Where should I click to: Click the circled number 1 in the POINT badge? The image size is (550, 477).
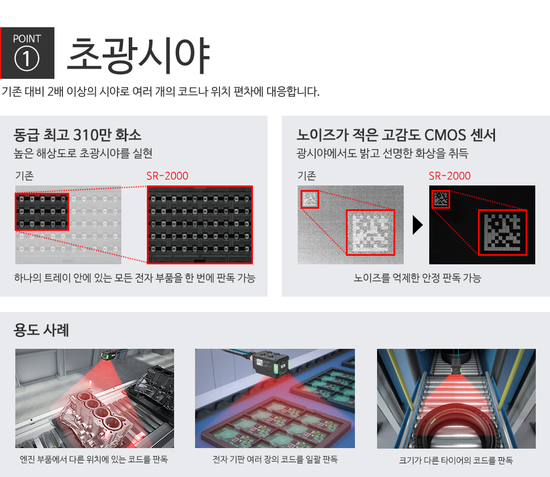[x=27, y=58]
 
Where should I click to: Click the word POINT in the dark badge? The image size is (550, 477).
[x=27, y=39]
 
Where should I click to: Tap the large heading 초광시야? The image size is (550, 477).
[x=138, y=56]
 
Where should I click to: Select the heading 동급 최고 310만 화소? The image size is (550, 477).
[x=78, y=135]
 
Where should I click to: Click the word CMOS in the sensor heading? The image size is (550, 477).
[x=445, y=135]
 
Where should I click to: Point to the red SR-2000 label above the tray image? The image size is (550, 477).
[x=167, y=176]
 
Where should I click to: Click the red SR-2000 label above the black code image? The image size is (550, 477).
[x=450, y=176]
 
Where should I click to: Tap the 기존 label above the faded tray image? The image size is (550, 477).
[x=24, y=176]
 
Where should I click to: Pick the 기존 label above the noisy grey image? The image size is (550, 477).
[x=307, y=176]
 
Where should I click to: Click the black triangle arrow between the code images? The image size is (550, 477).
[x=417, y=225]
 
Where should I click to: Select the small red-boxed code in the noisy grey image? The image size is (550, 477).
[x=310, y=199]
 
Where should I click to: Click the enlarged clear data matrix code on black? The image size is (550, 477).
[x=502, y=233]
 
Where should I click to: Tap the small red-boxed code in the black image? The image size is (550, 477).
[x=441, y=199]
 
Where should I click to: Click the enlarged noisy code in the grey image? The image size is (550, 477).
[x=370, y=233]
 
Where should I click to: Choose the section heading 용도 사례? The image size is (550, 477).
[x=41, y=330]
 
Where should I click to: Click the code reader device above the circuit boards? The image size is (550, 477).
[x=271, y=364]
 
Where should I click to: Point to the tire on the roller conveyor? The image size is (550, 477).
[x=456, y=426]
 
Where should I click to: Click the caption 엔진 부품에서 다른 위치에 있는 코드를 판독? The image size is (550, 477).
[x=94, y=459]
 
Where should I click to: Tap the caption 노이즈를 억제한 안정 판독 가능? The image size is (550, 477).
[x=417, y=278]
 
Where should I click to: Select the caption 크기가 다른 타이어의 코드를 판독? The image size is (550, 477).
[x=456, y=460]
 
